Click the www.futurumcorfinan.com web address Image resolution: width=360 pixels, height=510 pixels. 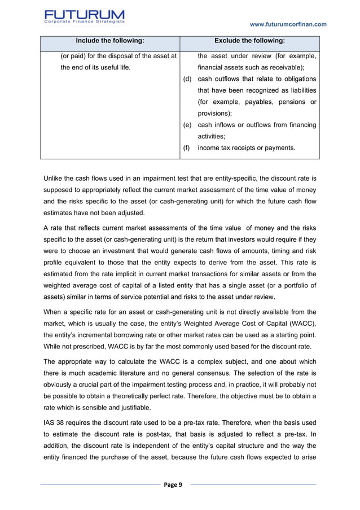point(288,24)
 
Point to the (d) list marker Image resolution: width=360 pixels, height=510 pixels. point(188,79)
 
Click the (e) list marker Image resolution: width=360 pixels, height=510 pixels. point(188,125)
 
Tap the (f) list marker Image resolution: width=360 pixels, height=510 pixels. point(187,148)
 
